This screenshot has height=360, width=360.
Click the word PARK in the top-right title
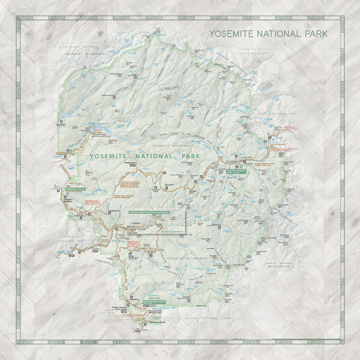click(x=316, y=34)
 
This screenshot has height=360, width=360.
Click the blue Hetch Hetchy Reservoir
click(x=100, y=130)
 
